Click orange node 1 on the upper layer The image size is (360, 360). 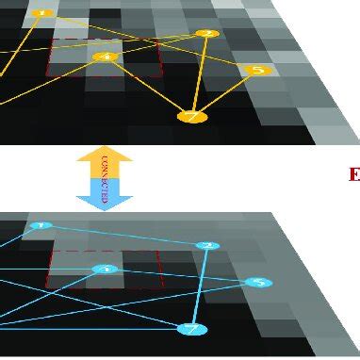41,13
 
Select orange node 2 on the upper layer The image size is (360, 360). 206,34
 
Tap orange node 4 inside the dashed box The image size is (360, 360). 105,57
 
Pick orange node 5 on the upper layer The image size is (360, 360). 256,70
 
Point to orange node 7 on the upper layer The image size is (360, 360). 191,117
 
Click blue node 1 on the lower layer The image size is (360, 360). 39,226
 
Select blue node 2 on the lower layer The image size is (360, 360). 208,246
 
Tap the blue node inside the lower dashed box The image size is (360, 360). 106,270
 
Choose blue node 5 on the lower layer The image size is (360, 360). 258,283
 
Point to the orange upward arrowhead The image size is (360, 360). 105,153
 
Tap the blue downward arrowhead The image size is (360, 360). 105,201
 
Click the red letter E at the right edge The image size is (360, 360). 354,173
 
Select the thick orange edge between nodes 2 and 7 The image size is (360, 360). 199,75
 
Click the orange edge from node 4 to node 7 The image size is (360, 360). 148,87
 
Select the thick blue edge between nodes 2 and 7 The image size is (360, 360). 200,287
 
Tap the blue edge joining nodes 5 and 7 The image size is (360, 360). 225,306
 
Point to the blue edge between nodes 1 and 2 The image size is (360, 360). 123,236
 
